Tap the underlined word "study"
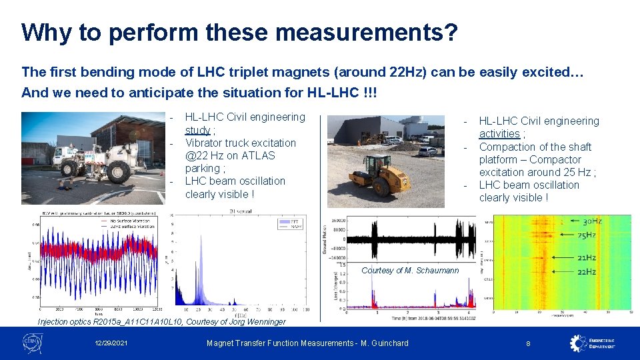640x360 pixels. point(197,130)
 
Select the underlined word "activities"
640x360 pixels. point(499,134)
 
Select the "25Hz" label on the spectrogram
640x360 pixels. point(586,235)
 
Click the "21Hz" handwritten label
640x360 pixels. point(586,258)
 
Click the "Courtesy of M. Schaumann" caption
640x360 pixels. point(410,270)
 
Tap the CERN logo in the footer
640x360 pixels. point(31,343)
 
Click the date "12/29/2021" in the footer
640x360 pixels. point(112,343)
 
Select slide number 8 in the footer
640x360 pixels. point(528,343)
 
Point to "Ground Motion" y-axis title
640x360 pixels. point(325,237)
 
